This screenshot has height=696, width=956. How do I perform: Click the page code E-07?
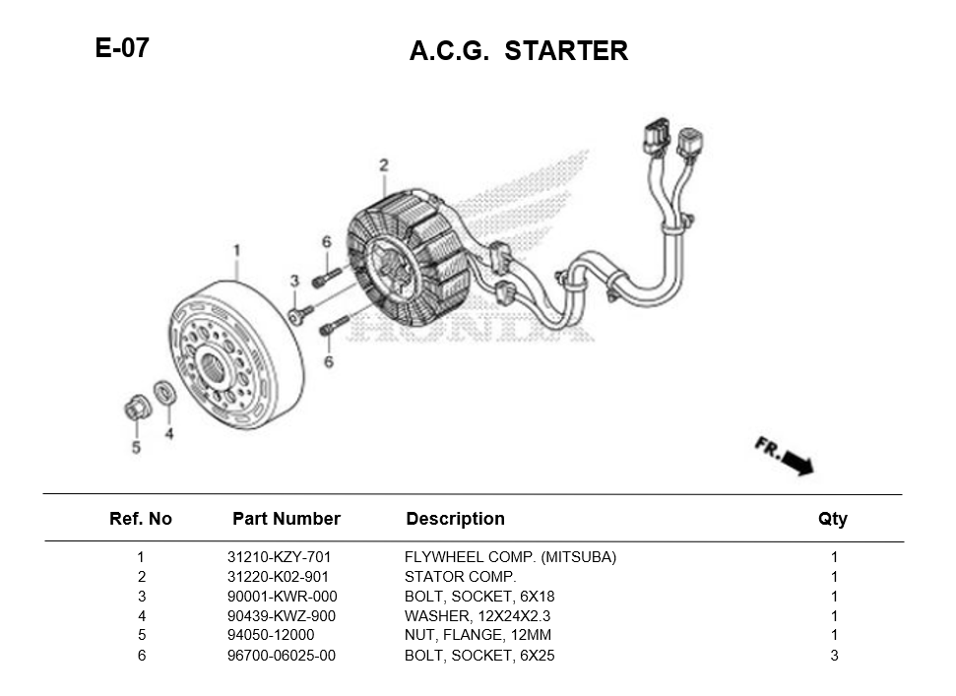[x=122, y=48]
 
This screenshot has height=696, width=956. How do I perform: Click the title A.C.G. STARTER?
[x=518, y=51]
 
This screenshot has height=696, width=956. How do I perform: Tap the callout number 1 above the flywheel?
[x=236, y=250]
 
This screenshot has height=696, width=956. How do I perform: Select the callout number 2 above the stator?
[x=384, y=164]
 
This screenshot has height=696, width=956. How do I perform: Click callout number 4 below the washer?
[x=169, y=433]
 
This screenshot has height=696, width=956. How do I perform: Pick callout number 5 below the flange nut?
[x=136, y=448]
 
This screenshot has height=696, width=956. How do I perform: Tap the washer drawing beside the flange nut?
[x=166, y=392]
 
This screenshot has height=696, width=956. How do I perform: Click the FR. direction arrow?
[x=786, y=456]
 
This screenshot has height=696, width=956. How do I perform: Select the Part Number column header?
[x=286, y=519]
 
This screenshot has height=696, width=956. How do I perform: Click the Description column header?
[x=455, y=519]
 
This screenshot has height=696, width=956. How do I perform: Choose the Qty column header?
[x=832, y=519]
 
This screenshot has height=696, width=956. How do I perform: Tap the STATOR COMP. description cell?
[x=460, y=577]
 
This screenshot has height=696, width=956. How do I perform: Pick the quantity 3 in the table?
[x=834, y=656]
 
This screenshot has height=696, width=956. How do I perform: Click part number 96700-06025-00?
[x=282, y=656]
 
